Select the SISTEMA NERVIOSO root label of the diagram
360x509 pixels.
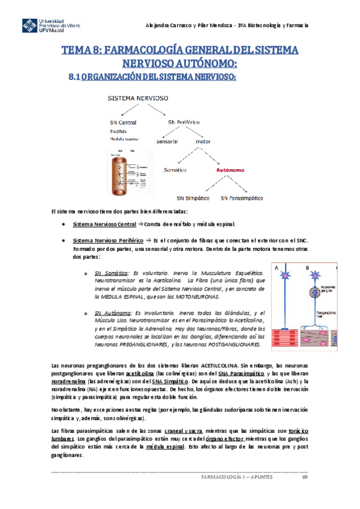click(x=137, y=98)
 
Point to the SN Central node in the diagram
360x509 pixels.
click(x=119, y=122)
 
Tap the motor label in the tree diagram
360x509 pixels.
click(x=203, y=142)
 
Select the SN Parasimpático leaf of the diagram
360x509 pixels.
click(x=243, y=197)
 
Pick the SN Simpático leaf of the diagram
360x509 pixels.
click(x=192, y=197)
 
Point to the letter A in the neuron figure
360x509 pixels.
click(x=277, y=268)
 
